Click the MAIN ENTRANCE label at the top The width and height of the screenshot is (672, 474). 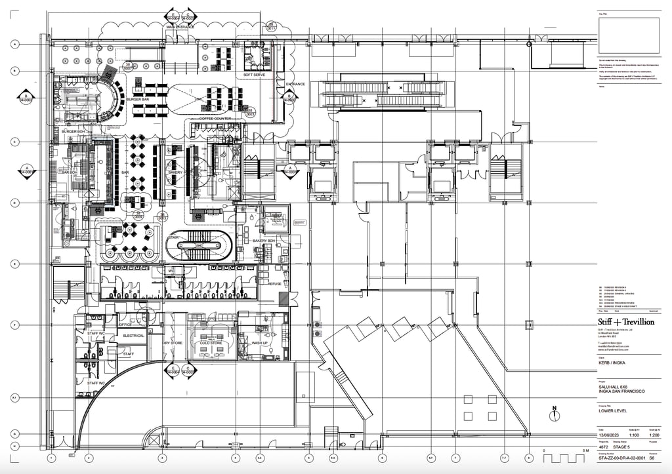point(180,27)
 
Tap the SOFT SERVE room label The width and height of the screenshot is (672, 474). point(254,75)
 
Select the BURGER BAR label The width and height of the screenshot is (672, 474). point(138,99)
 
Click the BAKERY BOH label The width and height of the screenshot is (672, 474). point(267,241)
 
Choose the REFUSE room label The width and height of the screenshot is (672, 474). point(274,283)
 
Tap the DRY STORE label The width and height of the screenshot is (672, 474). point(172,343)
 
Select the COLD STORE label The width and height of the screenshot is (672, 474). point(211,343)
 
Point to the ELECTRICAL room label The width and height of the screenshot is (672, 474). point(133,336)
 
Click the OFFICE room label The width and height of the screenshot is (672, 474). point(125,325)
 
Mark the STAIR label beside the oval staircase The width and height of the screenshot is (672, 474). point(174,237)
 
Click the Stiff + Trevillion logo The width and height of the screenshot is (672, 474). point(625,322)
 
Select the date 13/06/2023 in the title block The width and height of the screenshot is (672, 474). point(608,435)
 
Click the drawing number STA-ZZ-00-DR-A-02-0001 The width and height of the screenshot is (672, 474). point(620,459)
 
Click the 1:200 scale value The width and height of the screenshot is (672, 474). point(654,435)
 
